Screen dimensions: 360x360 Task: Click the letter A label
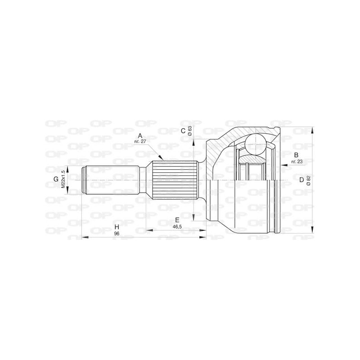[x=140, y=135]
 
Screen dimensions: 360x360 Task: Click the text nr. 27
[x=140, y=142]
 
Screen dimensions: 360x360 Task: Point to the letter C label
[x=183, y=131]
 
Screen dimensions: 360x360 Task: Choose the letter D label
[x=301, y=180]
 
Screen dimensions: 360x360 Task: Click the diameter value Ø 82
[x=308, y=180]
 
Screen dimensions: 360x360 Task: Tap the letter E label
[x=177, y=220]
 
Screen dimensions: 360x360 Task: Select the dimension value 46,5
[x=177, y=227]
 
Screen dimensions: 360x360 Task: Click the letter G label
[x=56, y=180]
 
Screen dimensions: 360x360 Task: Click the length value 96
[x=116, y=234]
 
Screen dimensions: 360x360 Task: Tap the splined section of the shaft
[x=175, y=180]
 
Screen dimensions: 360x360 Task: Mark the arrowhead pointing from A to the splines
[x=160, y=158]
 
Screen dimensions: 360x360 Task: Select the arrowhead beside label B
[x=283, y=165]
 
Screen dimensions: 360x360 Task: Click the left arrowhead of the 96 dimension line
[x=84, y=237]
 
